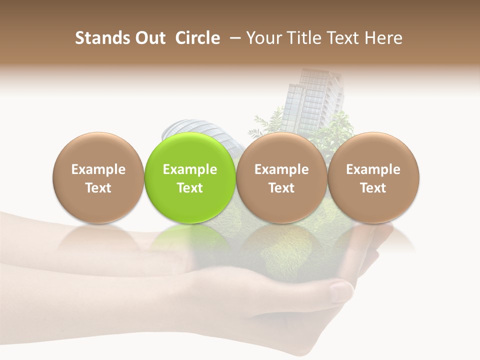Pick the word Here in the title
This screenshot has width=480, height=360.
click(383, 38)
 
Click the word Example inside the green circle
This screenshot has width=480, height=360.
click(190, 169)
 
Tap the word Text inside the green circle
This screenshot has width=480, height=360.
click(190, 188)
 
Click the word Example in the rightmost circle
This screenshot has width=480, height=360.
click(373, 169)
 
